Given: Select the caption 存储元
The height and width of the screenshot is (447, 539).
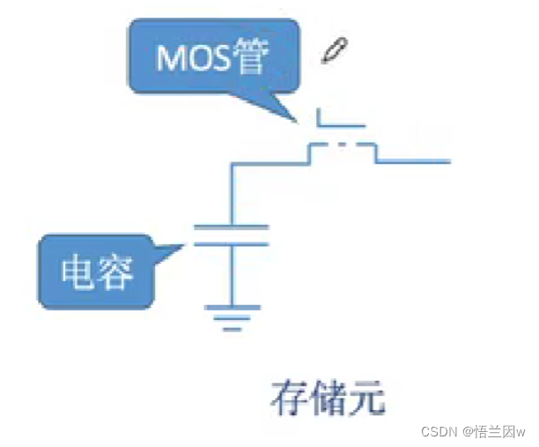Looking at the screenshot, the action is (328, 399).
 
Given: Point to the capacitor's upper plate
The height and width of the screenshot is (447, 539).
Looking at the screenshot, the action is (231, 227).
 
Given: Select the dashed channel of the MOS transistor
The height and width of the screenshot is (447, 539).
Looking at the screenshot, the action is (343, 145).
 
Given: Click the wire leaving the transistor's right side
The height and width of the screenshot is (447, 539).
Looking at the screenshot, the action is (414, 161).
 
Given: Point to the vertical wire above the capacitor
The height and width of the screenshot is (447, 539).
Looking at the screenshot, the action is (231, 194).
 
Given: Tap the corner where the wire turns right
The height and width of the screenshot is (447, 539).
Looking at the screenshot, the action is (232, 162).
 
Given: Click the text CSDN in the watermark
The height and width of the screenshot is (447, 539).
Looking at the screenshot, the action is (437, 431).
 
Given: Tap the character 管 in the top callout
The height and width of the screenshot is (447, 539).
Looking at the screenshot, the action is (252, 58).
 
